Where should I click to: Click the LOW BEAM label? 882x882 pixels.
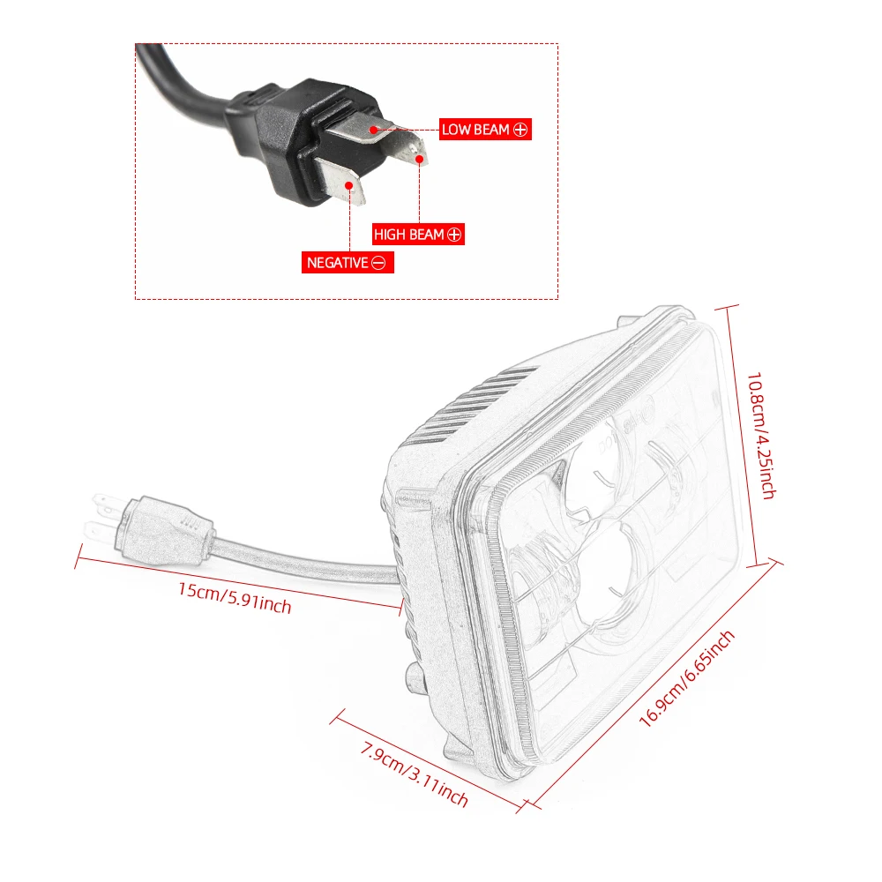476,130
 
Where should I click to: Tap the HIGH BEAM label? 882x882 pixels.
409,235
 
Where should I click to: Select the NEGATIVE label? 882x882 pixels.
336,263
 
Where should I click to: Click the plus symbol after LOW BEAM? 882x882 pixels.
520,131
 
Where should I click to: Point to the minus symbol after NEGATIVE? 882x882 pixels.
379,263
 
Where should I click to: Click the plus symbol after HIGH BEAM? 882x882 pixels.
454,235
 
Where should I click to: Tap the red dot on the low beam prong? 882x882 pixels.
374,130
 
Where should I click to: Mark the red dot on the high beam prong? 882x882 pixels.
421,159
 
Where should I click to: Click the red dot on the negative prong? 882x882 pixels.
351,185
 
